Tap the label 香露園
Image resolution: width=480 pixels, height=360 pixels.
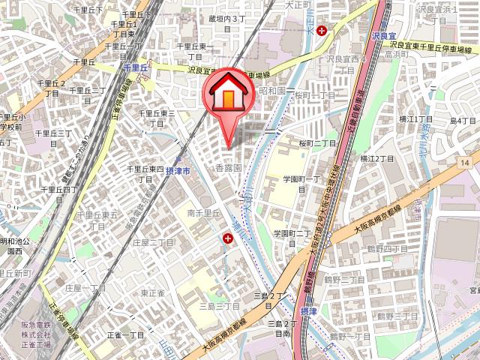pyautogui.click(x=228, y=169)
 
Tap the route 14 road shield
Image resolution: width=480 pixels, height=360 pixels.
pyautogui.click(x=466, y=163)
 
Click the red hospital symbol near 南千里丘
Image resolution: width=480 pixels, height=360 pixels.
pyautogui.click(x=227, y=238)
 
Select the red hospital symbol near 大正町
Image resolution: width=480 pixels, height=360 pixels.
pyautogui.click(x=322, y=31)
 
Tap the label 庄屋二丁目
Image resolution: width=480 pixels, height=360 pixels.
pyautogui.click(x=153, y=243)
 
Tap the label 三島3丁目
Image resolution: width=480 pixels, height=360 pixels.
pyautogui.click(x=219, y=306)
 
